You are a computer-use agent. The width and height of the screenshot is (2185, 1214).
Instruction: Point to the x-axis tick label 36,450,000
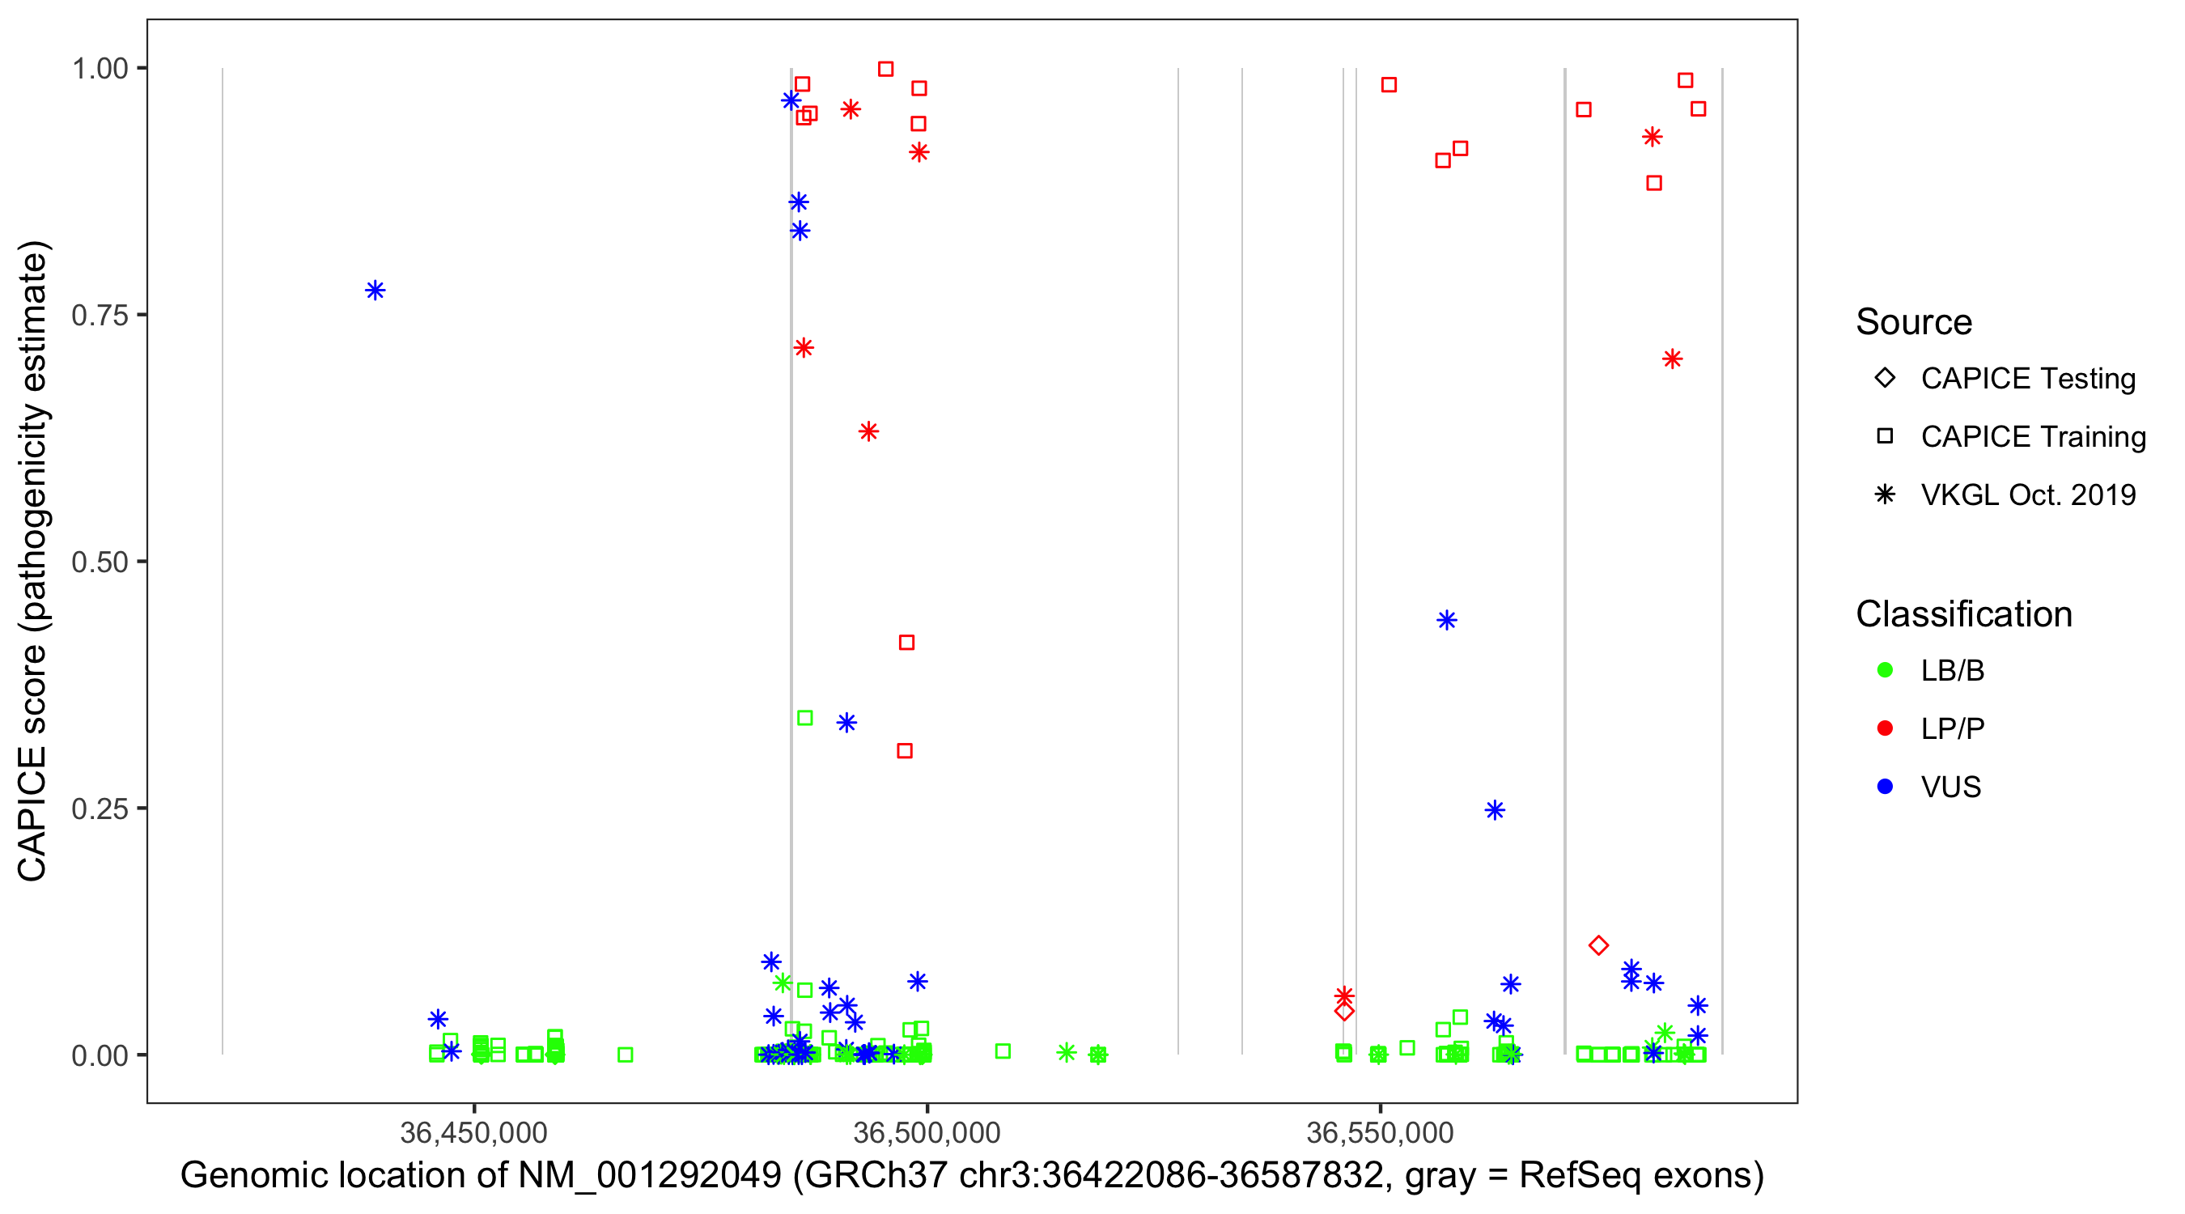pyautogui.click(x=473, y=1132)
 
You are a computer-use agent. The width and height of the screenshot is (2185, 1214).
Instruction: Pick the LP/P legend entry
pyautogui.click(x=1952, y=728)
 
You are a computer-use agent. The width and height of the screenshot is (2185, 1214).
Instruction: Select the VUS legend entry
pyautogui.click(x=1950, y=787)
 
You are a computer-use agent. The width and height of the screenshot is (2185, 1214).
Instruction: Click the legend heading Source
pyautogui.click(x=1914, y=322)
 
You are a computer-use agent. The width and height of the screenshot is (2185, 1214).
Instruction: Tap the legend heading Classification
pyautogui.click(x=1963, y=614)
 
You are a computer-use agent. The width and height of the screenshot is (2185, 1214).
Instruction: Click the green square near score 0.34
pyautogui.click(x=805, y=719)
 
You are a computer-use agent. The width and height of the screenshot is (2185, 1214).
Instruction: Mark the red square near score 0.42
pyautogui.click(x=906, y=643)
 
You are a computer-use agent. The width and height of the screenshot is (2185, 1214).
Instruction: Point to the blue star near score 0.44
pyautogui.click(x=1447, y=620)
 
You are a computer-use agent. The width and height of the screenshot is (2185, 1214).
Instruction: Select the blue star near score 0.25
pyautogui.click(x=1495, y=810)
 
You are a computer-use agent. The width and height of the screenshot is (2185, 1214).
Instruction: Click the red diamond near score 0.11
pyautogui.click(x=1599, y=945)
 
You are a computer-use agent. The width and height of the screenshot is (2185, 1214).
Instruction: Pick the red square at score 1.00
pyautogui.click(x=885, y=69)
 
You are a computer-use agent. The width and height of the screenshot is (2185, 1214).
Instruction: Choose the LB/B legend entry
pyautogui.click(x=1952, y=670)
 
